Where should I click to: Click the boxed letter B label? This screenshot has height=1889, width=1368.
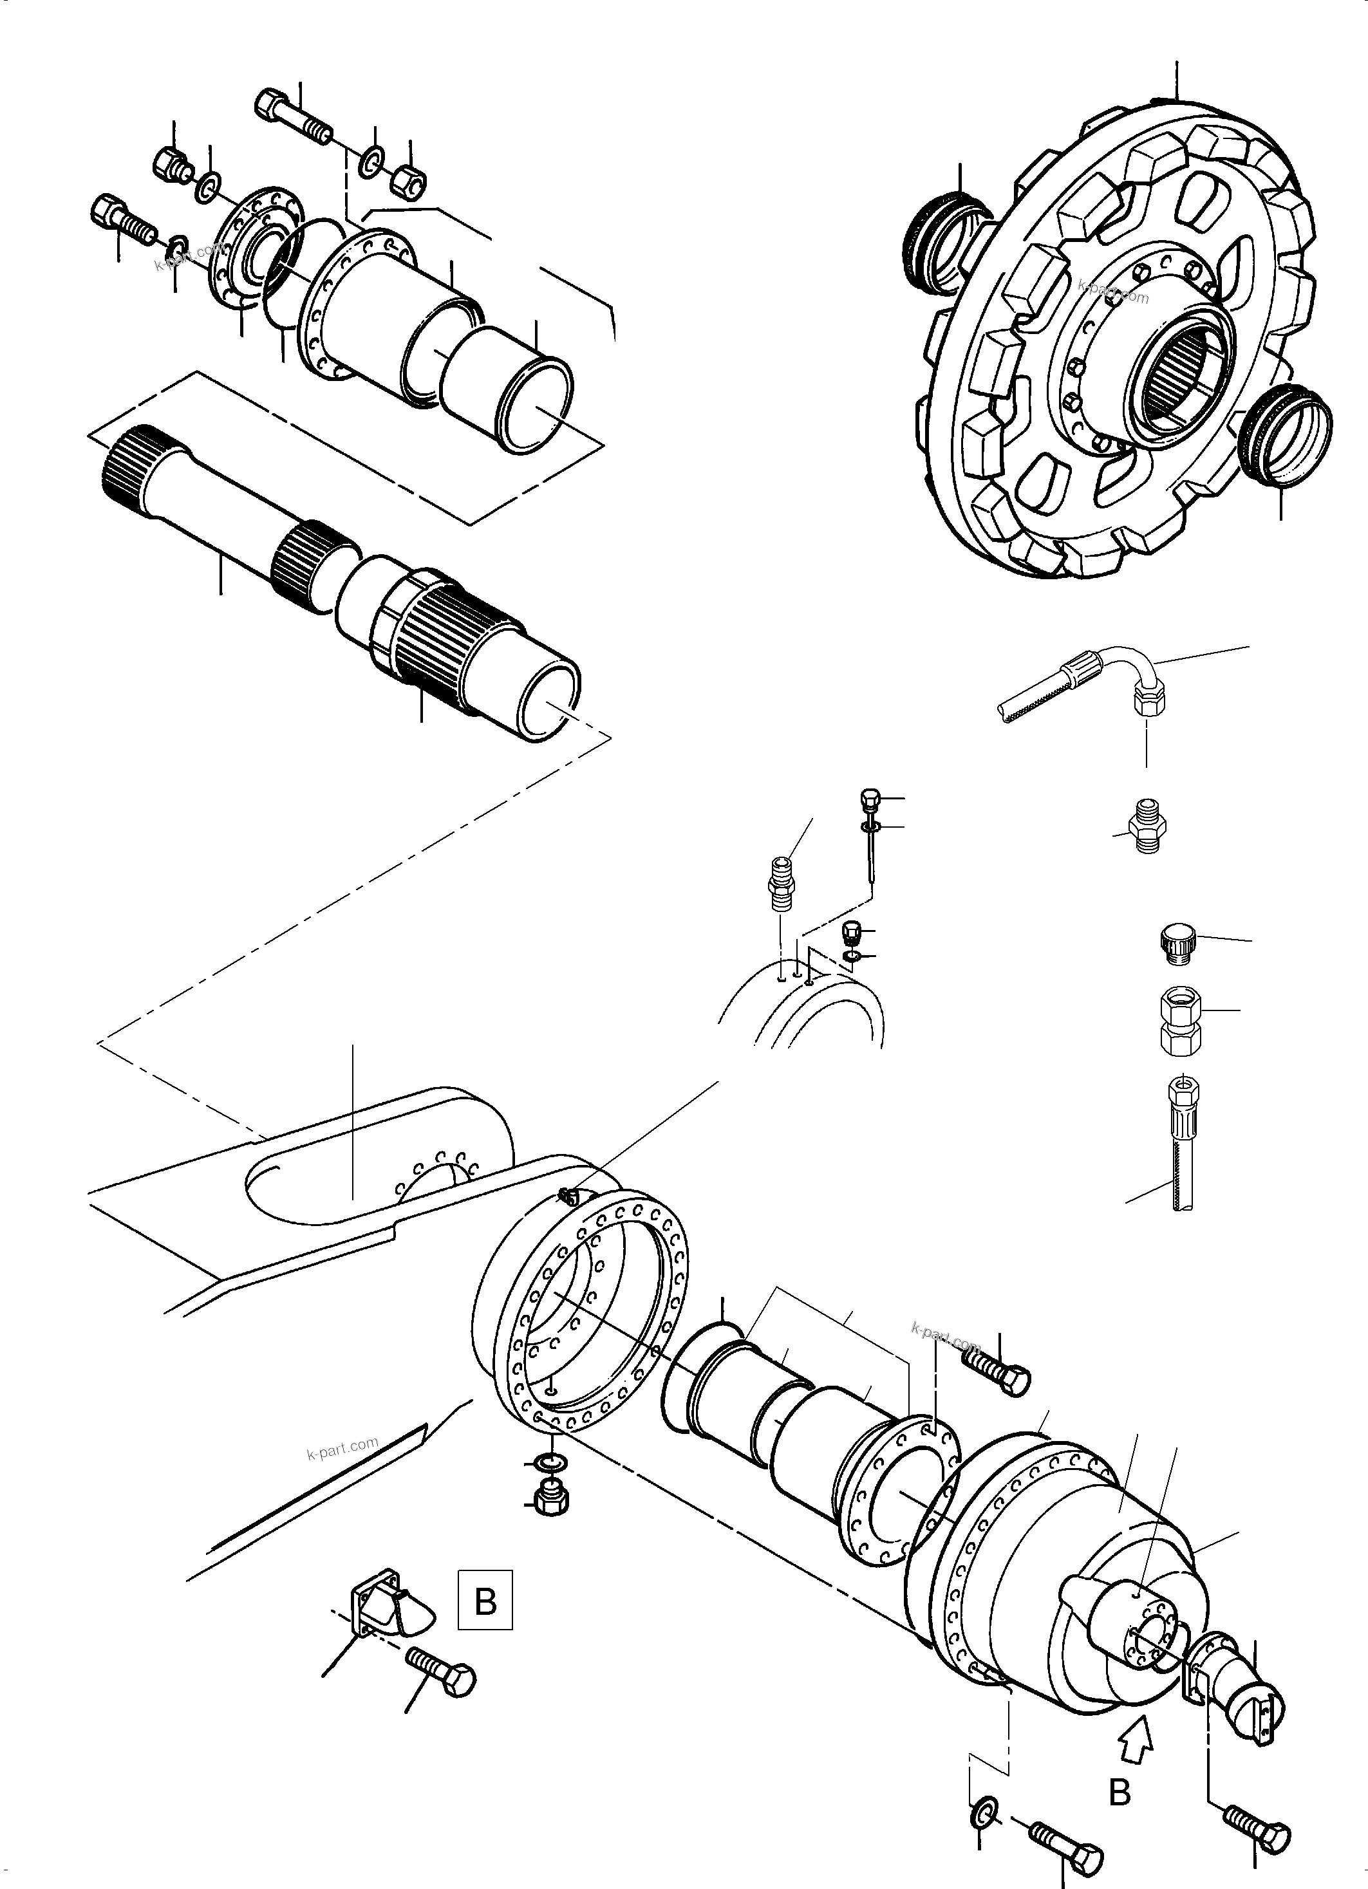click(485, 1601)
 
